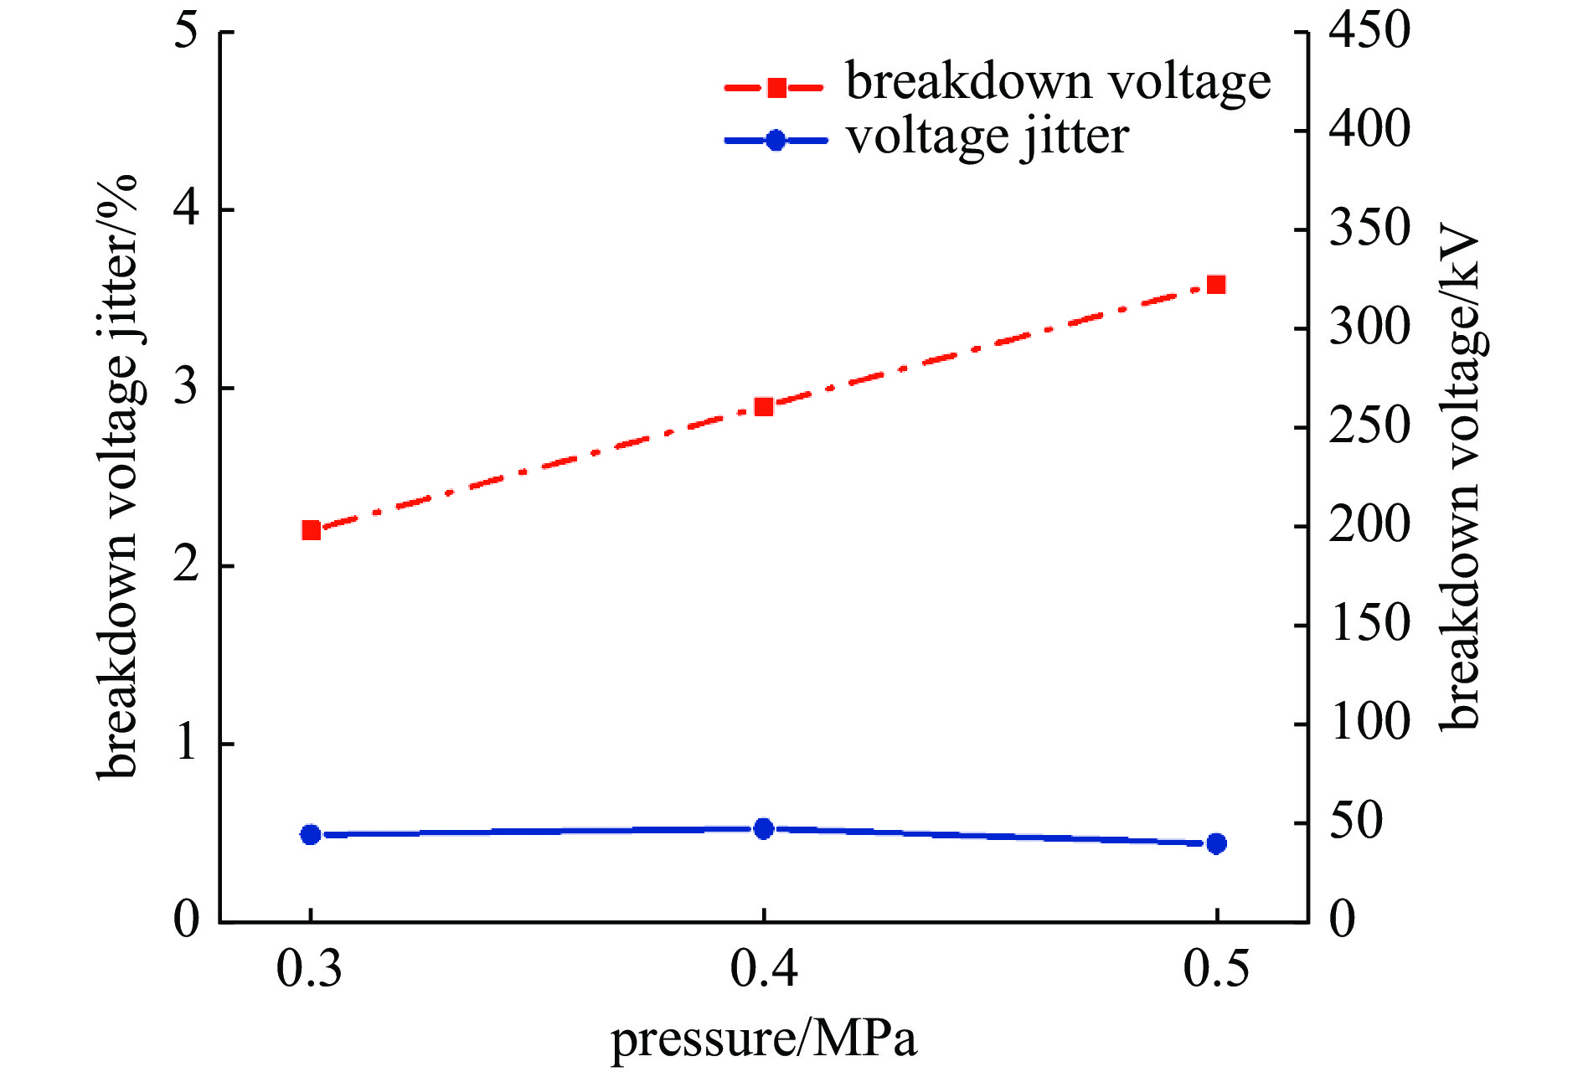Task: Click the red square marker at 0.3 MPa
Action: (311, 529)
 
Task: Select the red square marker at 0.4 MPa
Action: (763, 407)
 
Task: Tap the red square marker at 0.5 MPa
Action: (1216, 285)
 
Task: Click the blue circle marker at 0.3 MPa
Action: (311, 834)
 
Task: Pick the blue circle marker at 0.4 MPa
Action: (763, 829)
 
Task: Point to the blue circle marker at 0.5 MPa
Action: (1216, 843)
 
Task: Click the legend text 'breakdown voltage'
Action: (1058, 84)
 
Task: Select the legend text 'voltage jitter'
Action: (987, 137)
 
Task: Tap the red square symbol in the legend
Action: (776, 87)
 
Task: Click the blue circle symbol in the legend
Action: (776, 140)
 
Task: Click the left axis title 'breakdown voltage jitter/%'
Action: (117, 477)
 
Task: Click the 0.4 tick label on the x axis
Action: (763, 969)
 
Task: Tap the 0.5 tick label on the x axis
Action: (1216, 969)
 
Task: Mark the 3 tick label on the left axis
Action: (188, 388)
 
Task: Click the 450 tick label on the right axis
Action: (1369, 32)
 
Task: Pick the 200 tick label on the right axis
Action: (1369, 526)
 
